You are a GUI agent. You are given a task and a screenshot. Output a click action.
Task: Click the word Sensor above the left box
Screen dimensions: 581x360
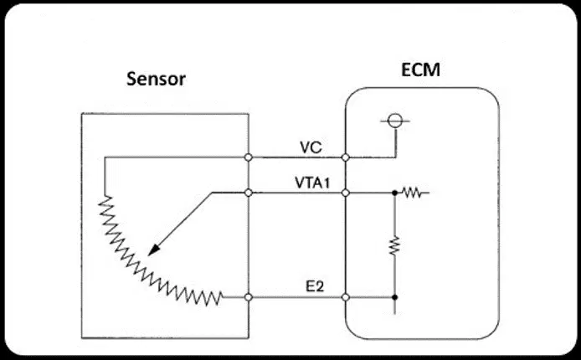156,79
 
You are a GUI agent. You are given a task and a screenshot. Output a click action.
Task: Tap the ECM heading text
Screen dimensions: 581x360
420,69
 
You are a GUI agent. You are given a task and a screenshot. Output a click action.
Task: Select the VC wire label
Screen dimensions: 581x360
311,148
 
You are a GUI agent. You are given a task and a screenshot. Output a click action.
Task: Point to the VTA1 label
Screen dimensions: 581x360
312,183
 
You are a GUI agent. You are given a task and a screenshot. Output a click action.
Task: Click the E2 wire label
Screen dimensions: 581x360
315,286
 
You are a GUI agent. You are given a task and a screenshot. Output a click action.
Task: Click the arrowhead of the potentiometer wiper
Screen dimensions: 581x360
153,249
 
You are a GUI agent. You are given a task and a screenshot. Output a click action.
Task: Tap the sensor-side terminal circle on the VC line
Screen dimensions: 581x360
249,157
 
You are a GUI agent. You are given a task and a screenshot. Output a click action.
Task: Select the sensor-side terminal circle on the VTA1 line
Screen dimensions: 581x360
249,193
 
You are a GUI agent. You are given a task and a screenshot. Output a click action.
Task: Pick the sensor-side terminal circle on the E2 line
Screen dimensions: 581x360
249,297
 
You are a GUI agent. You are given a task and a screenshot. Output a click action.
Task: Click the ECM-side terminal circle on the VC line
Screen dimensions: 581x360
346,157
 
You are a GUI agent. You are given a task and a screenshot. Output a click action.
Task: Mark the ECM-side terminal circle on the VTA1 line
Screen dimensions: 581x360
346,193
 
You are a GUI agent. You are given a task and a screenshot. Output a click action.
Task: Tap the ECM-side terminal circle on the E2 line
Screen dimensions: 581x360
346,297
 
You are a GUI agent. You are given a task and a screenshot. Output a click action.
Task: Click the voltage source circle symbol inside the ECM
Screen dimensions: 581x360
395,121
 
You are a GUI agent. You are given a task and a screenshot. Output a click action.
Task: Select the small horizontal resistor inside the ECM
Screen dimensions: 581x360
411,193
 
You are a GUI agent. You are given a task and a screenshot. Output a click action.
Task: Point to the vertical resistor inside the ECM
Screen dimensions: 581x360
394,245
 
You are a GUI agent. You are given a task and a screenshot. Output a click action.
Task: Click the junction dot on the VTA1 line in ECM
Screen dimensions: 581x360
394,193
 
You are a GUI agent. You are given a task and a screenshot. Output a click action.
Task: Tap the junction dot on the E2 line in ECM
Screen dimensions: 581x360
394,297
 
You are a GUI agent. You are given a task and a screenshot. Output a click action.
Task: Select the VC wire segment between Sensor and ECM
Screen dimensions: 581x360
297,157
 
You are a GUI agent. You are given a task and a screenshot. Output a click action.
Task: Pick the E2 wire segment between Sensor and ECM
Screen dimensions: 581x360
297,297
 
